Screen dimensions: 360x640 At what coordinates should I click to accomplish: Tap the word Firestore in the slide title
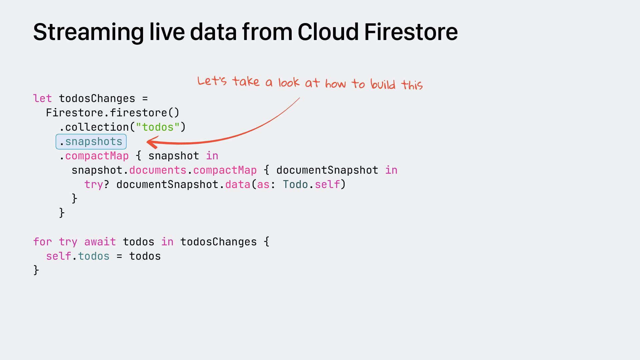[411, 32]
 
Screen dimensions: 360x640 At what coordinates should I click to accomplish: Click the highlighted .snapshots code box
[91, 142]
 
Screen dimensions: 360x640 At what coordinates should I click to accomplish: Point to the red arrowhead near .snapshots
[152, 143]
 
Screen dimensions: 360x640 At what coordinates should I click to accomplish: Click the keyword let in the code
[42, 99]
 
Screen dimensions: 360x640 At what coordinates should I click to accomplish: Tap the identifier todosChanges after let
[97, 99]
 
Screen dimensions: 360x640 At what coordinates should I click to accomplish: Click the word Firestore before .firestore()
[74, 113]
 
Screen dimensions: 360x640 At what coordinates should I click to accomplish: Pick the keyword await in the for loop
[100, 242]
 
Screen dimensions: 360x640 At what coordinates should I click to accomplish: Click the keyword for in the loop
[42, 242]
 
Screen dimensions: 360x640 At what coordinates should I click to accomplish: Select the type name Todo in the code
[295, 185]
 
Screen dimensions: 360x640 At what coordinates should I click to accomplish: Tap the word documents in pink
[158, 170]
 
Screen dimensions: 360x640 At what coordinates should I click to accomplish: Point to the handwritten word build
[383, 84]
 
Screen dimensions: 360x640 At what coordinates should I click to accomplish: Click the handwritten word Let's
[212, 81]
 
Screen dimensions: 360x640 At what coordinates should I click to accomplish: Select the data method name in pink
[238, 185]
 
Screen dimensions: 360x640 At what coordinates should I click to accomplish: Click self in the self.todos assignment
[58, 256]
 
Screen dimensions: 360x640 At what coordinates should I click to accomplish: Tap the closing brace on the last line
[36, 270]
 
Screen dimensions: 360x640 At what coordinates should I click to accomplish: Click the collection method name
[97, 127]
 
